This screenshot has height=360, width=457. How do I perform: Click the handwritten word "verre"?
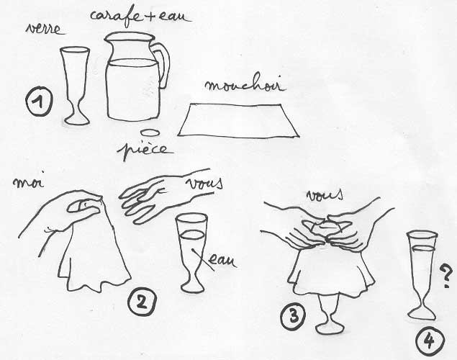tap(45, 29)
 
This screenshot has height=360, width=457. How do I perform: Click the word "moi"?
tap(28, 182)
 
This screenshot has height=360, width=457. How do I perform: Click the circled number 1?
tap(39, 102)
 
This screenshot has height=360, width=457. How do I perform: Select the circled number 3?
tap(294, 316)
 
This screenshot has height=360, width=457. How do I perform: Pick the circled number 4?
tap(430, 341)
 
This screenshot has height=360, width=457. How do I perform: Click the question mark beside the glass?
tap(446, 276)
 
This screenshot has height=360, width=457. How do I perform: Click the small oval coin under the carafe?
tap(150, 132)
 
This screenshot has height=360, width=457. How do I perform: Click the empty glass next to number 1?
tap(75, 86)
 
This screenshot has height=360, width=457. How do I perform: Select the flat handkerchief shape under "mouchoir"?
tap(237, 121)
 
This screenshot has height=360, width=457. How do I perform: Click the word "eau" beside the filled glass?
tap(222, 261)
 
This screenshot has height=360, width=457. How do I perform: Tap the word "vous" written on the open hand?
tap(204, 184)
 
